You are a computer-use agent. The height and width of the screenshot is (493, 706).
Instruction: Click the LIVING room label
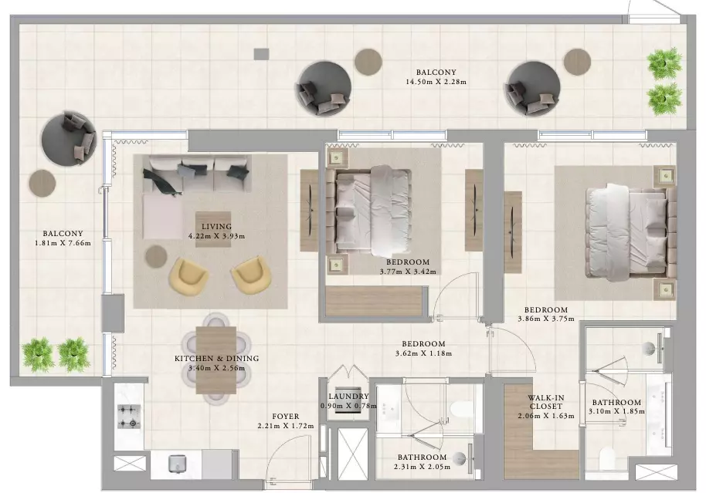[216, 227]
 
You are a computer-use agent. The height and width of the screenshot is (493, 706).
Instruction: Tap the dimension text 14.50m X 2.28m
[436, 82]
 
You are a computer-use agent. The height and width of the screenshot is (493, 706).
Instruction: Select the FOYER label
[286, 417]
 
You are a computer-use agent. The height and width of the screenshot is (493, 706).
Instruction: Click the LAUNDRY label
[348, 397]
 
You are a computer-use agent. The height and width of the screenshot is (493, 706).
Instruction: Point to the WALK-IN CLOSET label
[546, 402]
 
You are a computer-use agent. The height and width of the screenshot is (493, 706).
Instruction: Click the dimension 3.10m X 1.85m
[616, 411]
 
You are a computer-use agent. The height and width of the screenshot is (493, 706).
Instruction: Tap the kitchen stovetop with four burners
[128, 416]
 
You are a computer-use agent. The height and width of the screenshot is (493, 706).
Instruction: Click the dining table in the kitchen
[216, 360]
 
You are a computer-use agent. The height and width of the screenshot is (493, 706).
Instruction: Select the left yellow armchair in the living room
[188, 277]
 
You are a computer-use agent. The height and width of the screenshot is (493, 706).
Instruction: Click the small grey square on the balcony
[261, 54]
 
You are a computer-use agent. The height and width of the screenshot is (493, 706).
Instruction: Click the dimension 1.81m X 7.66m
[63, 243]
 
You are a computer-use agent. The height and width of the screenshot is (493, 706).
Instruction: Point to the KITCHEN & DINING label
[216, 359]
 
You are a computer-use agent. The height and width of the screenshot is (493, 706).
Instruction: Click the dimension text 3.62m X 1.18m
[423, 353]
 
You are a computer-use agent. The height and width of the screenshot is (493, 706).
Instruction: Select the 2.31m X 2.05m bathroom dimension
[422, 467]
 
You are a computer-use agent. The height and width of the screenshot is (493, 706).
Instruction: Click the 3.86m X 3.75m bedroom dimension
[545, 319]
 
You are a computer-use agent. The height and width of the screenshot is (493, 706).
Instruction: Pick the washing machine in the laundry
[349, 400]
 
